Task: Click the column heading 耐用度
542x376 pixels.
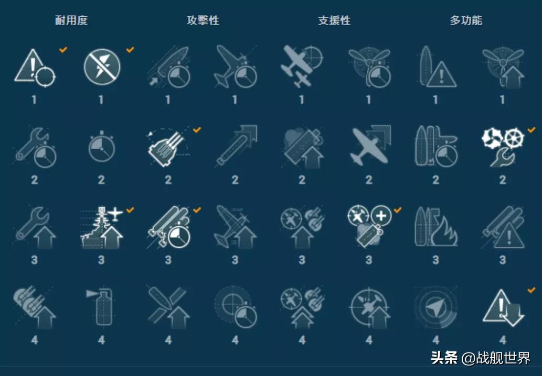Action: coord(71,21)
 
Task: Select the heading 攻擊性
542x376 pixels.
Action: coord(203,21)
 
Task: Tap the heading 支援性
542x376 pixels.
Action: coord(334,21)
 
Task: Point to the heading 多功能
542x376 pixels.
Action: coord(466,21)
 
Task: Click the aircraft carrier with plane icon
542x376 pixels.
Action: coord(102,228)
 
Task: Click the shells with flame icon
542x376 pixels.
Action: coord(435,228)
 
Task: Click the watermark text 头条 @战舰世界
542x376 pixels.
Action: coord(480,358)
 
